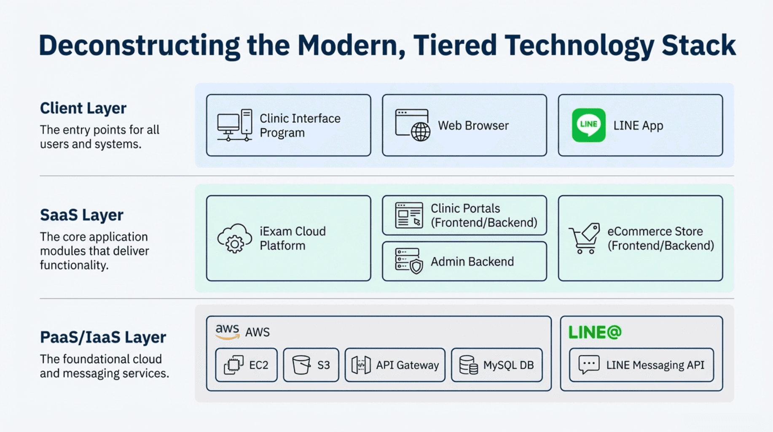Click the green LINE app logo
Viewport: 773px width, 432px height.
coord(588,125)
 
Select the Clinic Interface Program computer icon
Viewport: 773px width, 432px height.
coord(235,125)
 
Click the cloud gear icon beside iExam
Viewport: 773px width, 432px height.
coord(234,238)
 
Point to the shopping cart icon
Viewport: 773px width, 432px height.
coord(584,238)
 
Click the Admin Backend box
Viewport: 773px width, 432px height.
coord(464,262)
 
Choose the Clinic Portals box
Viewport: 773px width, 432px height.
coord(464,215)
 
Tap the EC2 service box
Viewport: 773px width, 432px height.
coord(246,365)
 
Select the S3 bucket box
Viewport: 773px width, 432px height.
coord(311,365)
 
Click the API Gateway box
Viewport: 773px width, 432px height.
coord(395,365)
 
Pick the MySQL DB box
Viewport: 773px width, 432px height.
coord(497,365)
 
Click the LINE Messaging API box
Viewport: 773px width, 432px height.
coord(641,365)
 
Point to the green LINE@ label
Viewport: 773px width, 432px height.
coord(595,332)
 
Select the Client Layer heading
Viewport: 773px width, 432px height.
coord(83,108)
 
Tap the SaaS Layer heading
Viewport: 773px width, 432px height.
coord(82,215)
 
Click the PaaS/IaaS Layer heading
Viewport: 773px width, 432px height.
coord(103,337)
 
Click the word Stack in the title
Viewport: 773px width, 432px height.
coord(698,46)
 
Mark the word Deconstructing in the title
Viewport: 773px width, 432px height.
coord(139,46)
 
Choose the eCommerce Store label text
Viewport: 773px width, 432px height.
coord(655,231)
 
